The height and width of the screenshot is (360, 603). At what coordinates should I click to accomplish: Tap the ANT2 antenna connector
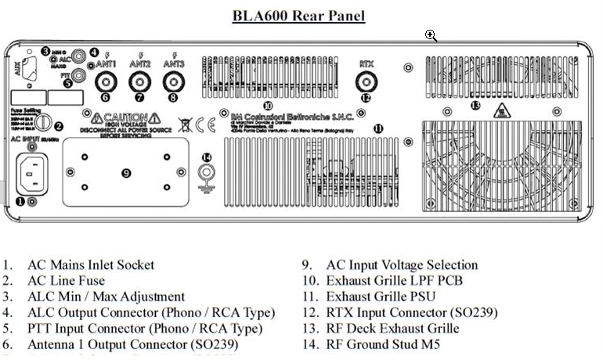[x=139, y=81]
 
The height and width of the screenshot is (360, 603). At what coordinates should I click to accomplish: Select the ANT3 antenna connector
[x=172, y=81]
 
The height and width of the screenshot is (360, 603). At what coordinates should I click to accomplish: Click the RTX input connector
[x=366, y=81]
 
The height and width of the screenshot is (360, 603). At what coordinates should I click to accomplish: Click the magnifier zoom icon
[x=431, y=35]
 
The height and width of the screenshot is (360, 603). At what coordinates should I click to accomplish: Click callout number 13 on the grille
[x=475, y=105]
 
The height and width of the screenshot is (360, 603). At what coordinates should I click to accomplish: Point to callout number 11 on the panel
[x=378, y=128]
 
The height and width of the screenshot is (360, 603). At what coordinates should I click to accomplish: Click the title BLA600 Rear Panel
[x=298, y=15]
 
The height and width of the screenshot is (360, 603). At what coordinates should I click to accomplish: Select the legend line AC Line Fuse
[x=66, y=281]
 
